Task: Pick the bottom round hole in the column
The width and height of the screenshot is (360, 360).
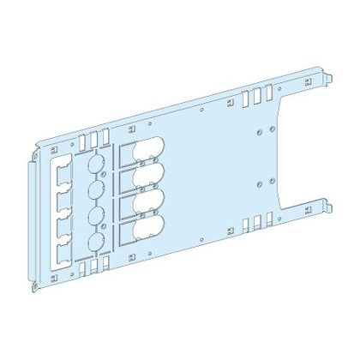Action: (x=97, y=241)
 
